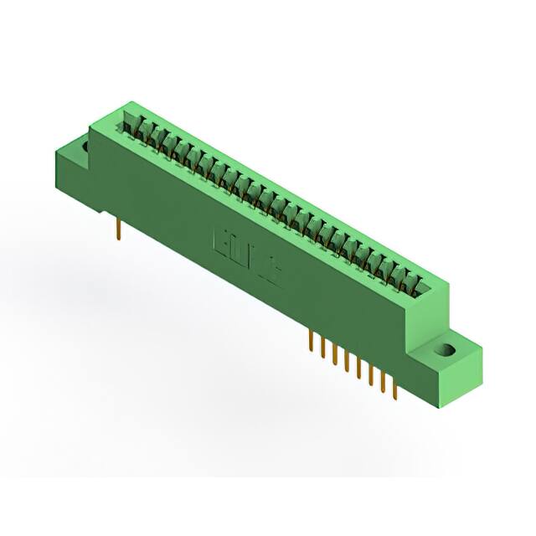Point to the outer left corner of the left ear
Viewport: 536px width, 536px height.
[54, 153]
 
